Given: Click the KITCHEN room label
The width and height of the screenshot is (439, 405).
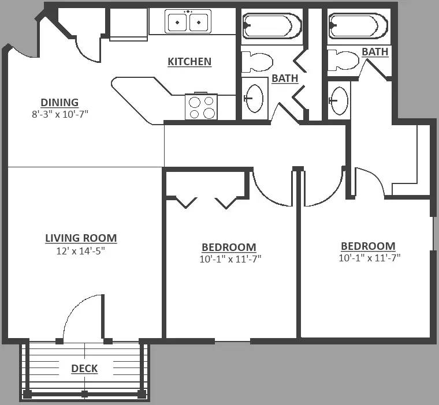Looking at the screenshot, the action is pos(189,62).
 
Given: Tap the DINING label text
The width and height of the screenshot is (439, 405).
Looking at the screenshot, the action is pos(59,102).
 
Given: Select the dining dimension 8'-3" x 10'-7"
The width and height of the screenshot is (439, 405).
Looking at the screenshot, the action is pos(60,114).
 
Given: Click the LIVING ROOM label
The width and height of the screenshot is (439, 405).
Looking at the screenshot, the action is pos(81,238).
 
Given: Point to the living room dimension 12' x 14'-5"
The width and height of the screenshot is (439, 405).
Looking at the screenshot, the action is pos(81,251).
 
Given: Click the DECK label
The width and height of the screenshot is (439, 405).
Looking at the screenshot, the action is pos(84,368).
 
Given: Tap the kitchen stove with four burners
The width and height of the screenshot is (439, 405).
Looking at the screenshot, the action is pos(201,107).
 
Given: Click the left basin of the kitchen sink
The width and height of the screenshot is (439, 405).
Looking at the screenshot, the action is pos(177,22).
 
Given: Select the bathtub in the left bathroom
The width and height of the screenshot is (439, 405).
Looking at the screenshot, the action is pos(272,26).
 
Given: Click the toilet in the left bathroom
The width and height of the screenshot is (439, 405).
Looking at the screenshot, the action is pos(257,62).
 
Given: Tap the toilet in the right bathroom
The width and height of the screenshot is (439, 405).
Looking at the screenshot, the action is pos(343,61).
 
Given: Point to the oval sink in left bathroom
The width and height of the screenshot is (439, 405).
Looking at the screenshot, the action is pos(254,99).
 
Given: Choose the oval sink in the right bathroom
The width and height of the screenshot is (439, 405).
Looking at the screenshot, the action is pos(338,101).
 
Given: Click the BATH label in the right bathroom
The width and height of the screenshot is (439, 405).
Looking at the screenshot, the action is pos(375,52).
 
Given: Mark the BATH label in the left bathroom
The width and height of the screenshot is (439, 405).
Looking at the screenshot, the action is pos(285,78).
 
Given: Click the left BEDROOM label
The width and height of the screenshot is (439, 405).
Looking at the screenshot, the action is pos(229,247).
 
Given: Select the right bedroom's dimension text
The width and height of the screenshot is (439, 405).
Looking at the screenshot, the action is pos(370,258).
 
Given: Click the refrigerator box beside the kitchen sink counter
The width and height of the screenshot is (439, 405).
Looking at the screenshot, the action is pos(128,24).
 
